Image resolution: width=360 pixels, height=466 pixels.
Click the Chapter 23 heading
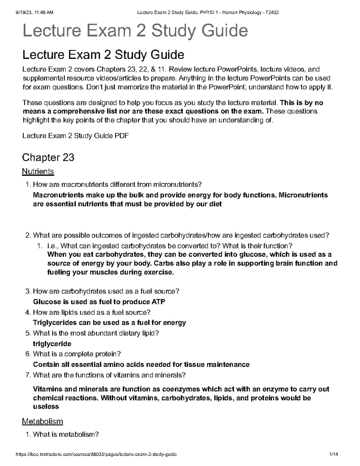(x=48, y=157)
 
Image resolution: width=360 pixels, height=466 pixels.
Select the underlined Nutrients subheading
(x=38, y=172)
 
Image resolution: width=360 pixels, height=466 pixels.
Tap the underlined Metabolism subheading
(x=42, y=421)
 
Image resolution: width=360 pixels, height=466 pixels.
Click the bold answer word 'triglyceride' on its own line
(x=52, y=344)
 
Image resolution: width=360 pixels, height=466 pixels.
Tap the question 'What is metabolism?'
(x=66, y=434)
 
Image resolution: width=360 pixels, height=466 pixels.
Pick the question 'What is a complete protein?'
(x=77, y=354)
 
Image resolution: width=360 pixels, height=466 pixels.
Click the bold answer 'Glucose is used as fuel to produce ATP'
(x=99, y=302)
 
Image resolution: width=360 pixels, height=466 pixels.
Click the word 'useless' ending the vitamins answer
(x=46, y=407)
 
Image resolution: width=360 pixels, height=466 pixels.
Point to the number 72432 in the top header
(x=273, y=12)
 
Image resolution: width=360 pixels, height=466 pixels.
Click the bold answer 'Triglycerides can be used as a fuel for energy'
(x=109, y=323)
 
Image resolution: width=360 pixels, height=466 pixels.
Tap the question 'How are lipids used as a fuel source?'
(x=91, y=312)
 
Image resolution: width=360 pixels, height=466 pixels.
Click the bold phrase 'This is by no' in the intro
(x=301, y=103)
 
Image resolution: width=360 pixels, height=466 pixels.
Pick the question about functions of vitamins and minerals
(x=109, y=375)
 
